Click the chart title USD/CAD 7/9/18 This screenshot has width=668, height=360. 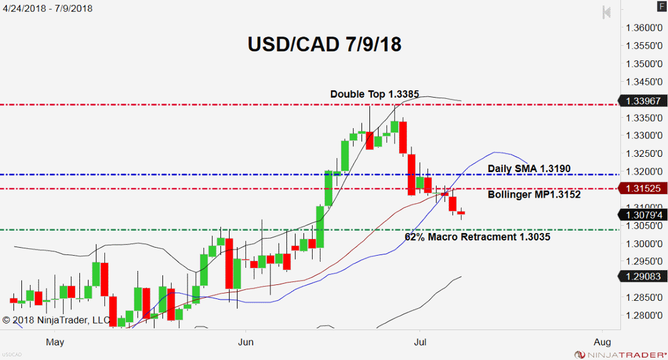tap(324, 45)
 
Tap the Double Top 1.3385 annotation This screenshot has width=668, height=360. tap(374, 94)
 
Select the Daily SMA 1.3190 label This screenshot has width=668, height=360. tap(529, 168)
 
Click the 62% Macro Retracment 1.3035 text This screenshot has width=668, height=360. tap(477, 237)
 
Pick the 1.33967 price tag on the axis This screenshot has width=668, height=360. tap(642, 101)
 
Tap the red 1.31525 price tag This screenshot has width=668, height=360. tap(642, 189)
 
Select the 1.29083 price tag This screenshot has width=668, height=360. tap(642, 276)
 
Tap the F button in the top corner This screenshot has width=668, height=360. tap(662, 6)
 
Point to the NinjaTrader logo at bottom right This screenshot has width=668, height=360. tap(619, 354)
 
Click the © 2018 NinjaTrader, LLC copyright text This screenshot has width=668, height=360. tap(56, 319)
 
